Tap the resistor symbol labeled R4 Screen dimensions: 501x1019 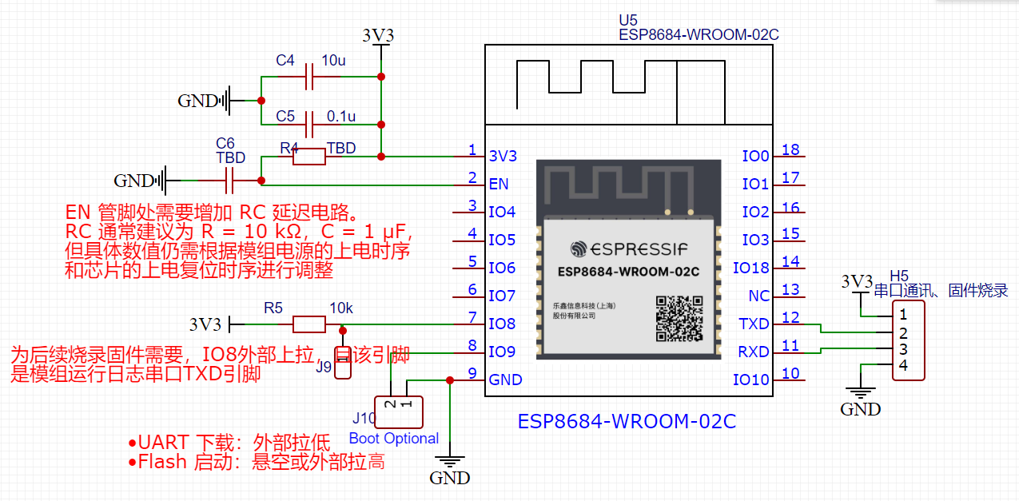pos(308,157)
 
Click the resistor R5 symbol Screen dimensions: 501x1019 pos(308,324)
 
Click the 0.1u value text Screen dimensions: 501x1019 pos(341,116)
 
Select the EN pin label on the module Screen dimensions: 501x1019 pos(499,185)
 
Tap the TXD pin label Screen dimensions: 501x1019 pos(754,324)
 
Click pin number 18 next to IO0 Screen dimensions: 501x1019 pos(790,149)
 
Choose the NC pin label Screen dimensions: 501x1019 pos(758,296)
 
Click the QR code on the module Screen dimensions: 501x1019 pos(679,318)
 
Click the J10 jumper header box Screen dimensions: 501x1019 pos(398,411)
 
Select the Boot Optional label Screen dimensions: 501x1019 pos(394,439)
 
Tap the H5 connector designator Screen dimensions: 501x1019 pos(900,275)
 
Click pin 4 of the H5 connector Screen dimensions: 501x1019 pos(902,365)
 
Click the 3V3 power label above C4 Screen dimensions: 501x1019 pos(378,36)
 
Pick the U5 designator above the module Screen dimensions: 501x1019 pos(628,20)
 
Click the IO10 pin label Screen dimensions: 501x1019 pos(751,380)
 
